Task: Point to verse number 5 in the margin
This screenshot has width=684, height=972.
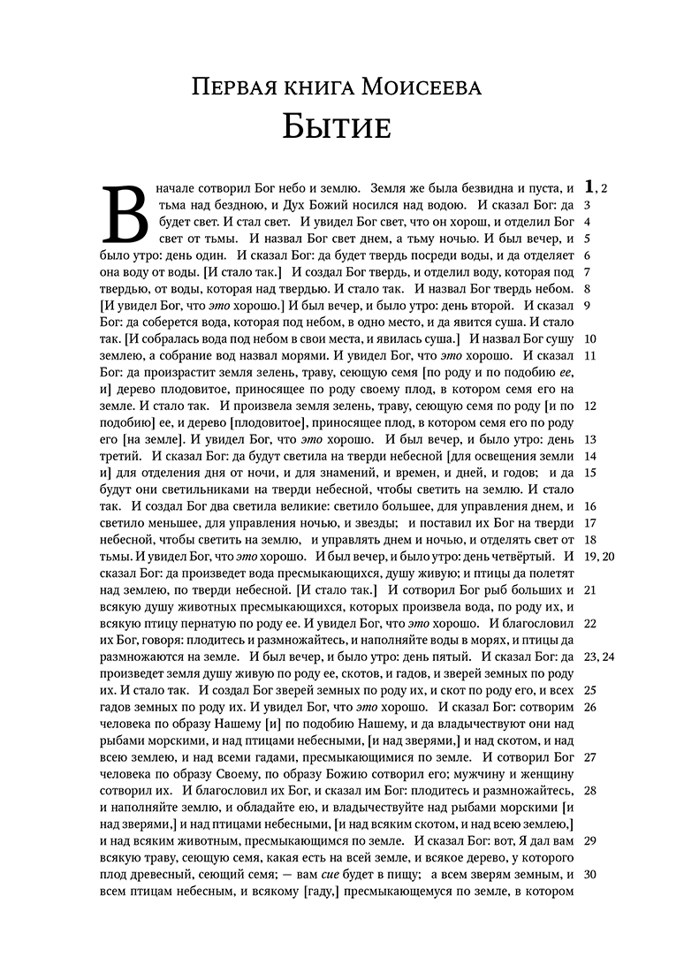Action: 588,238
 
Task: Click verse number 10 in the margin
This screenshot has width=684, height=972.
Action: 591,338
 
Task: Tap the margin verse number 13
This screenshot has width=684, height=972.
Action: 591,439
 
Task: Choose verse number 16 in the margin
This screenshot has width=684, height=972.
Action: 591,506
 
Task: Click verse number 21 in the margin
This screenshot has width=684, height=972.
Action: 591,589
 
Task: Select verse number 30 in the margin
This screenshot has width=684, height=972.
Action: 591,875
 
